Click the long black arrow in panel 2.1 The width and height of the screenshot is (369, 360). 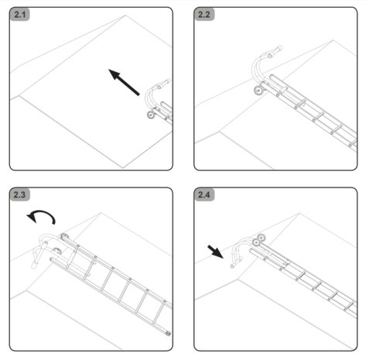coord(124,82)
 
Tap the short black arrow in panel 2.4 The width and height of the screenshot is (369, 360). coord(217,252)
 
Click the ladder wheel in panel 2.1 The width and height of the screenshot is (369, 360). coord(148,116)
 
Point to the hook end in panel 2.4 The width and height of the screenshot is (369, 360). coord(232,264)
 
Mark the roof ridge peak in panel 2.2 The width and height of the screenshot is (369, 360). coord(309,40)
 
